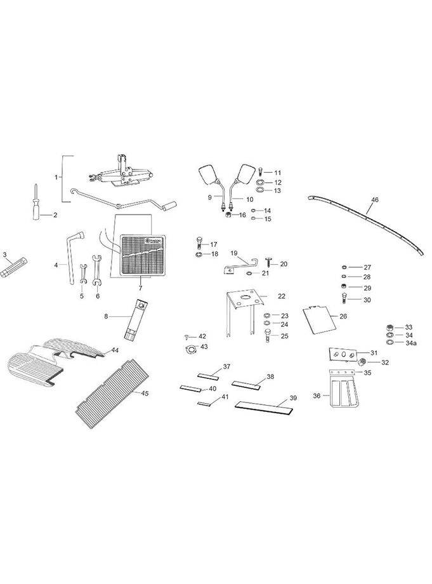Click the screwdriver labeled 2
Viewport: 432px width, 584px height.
(x=37, y=204)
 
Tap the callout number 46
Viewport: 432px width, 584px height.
(x=374, y=200)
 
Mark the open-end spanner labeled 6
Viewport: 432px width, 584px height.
(x=96, y=269)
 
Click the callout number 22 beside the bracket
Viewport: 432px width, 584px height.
(x=282, y=296)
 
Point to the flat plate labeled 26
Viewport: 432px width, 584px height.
(x=318, y=319)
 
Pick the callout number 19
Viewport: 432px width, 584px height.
(x=233, y=253)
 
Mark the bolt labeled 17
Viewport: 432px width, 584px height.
(x=199, y=244)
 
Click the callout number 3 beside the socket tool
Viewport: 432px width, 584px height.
(x=4, y=255)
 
